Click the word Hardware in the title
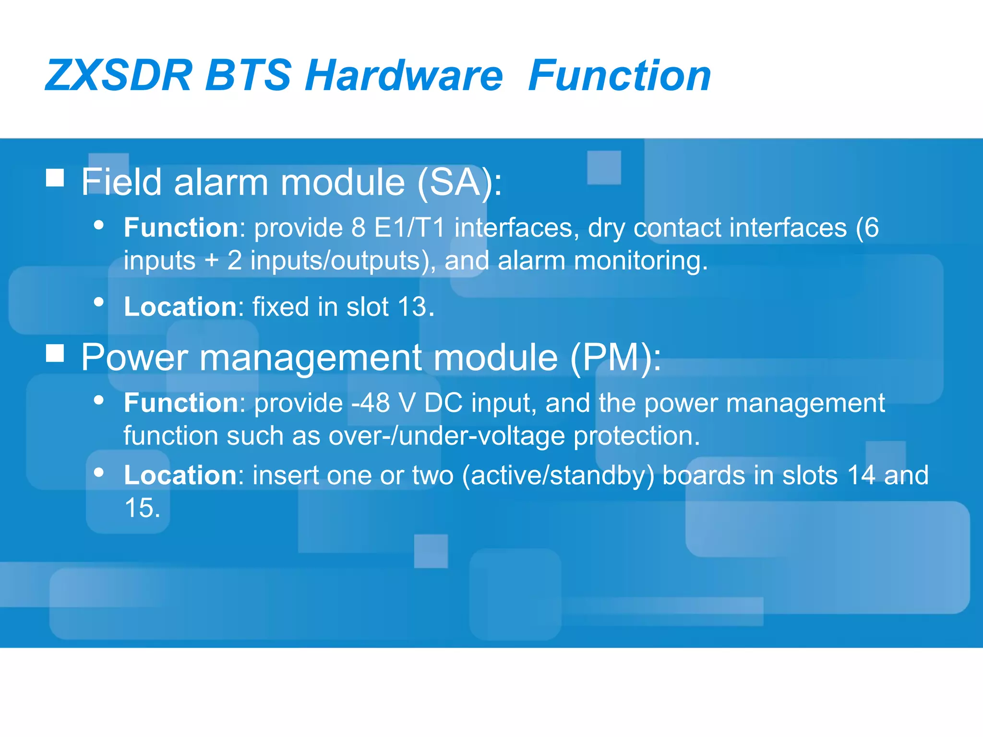404,75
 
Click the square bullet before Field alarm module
55,178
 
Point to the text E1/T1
409,227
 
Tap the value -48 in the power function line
371,403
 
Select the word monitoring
640,261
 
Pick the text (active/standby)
558,475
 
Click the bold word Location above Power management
180,307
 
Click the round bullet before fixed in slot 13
99,302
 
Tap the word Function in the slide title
619,75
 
